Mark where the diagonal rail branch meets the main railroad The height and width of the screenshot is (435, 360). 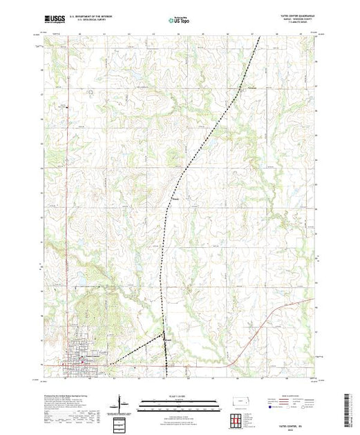pos(163,338)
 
